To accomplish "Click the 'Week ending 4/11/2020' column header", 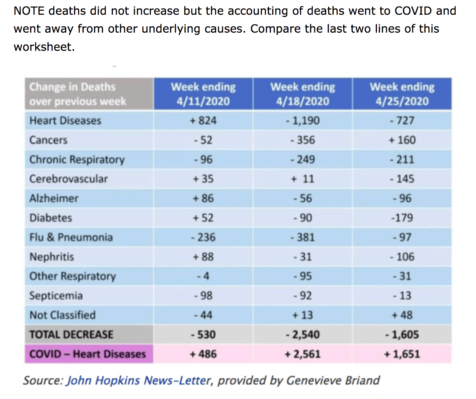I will [203, 94].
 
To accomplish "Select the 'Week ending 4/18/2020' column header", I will [303, 94].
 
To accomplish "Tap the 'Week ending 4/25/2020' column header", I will [402, 94].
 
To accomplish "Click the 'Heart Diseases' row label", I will [65, 121].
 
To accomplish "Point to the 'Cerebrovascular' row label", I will [68, 179].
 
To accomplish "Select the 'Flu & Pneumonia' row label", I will [71, 237].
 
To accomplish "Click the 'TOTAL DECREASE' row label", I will [71, 335].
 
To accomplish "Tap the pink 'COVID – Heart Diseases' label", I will [87, 354].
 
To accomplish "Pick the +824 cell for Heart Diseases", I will [203, 121].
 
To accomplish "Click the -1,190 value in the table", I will [303, 121].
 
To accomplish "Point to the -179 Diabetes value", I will [402, 218].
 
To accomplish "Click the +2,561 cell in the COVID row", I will [303, 354].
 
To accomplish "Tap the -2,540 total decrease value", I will [303, 335].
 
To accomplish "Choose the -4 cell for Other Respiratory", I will [203, 276].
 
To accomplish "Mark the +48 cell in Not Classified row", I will [402, 315].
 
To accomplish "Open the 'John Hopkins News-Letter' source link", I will [138, 380].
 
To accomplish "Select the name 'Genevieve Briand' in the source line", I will [333, 380].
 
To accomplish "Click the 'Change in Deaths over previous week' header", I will [77, 94].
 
